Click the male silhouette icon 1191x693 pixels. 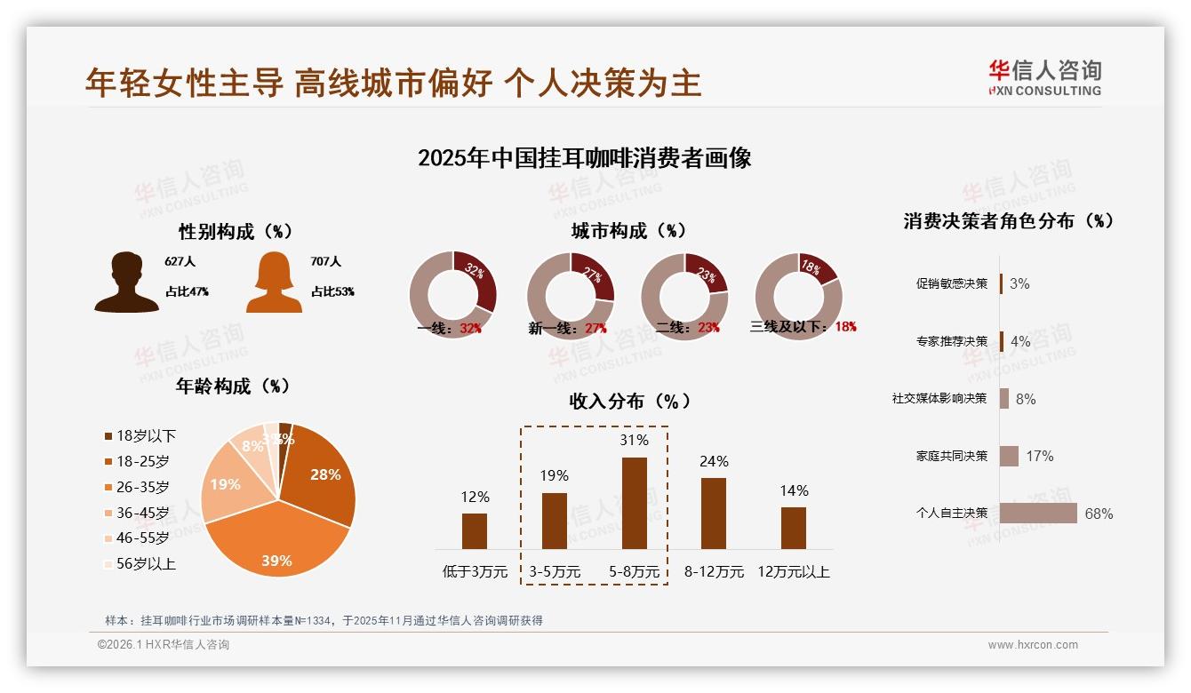127,283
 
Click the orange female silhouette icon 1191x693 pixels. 274,283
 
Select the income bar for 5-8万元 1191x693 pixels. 634,503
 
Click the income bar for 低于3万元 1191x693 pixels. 475,530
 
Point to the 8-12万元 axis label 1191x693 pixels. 714,572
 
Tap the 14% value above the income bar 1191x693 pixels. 794,490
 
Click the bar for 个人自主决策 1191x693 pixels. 1038,514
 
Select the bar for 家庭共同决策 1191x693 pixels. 1009,456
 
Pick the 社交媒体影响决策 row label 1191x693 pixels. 939,399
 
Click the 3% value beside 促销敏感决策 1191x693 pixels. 1019,283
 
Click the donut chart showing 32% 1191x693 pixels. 452,295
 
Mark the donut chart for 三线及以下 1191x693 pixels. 798,295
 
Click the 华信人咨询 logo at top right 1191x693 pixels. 1044,77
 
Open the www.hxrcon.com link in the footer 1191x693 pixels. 1033,645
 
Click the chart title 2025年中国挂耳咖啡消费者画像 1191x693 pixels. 585,158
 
